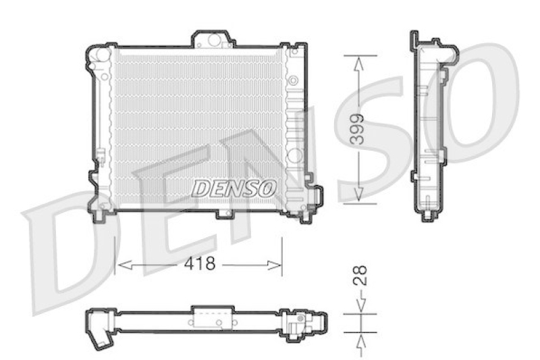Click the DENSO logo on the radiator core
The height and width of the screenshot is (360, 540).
(x=234, y=188)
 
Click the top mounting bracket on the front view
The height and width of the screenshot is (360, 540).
(x=213, y=39)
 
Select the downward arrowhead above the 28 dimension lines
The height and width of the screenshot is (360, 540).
(x=361, y=305)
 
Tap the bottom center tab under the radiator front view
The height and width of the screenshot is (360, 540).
(x=223, y=214)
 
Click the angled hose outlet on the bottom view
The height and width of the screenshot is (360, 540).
(x=102, y=336)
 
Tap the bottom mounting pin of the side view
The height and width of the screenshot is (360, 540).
(x=427, y=215)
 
